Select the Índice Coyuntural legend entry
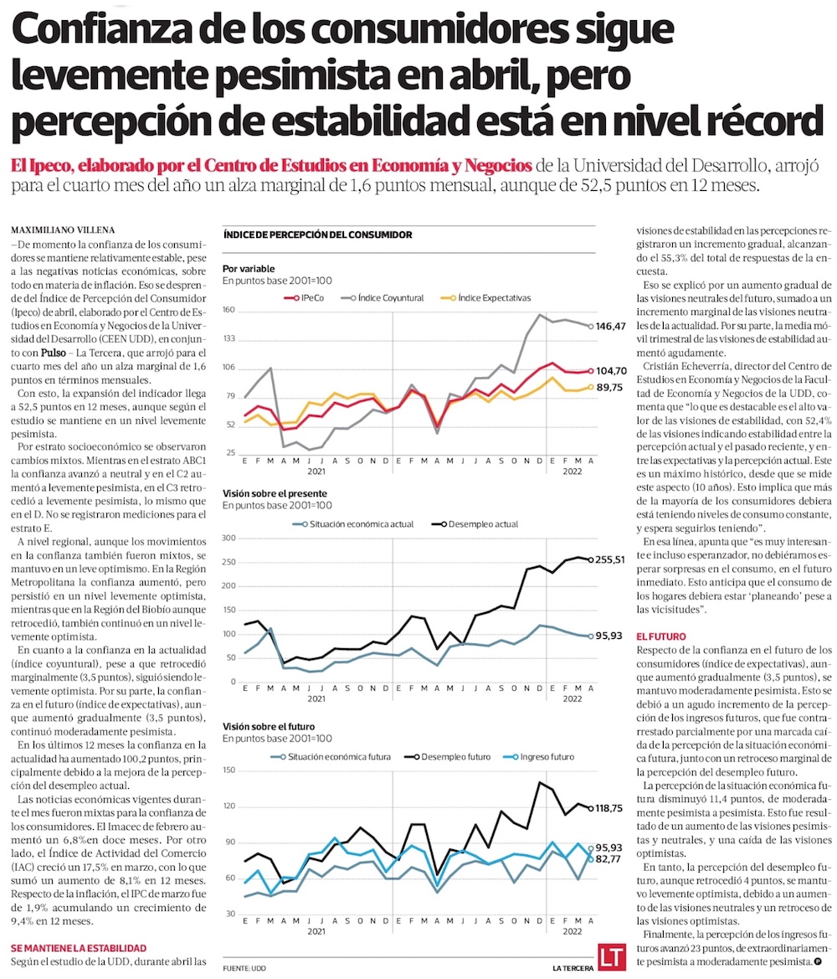(391, 297)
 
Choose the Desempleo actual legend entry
(477, 524)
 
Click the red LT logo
(609, 956)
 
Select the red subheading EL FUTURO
(663, 636)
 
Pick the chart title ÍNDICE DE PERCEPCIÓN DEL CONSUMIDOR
(317, 235)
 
